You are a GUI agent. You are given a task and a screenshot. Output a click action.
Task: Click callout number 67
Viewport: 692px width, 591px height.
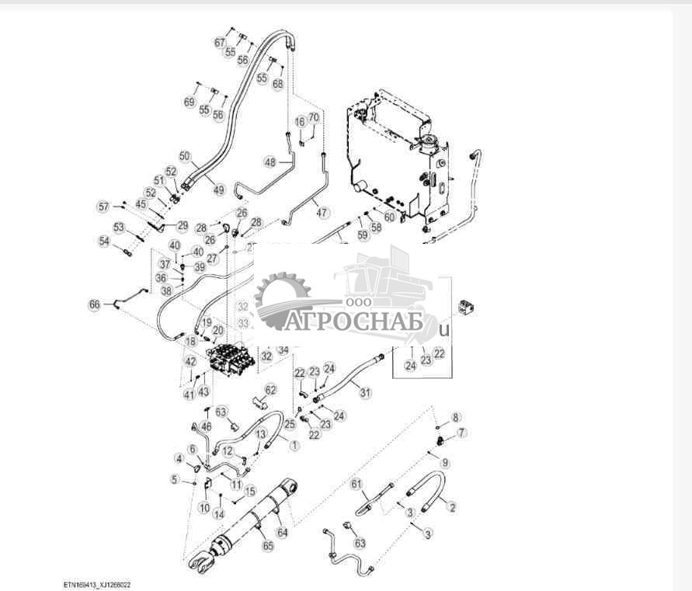[x=220, y=42]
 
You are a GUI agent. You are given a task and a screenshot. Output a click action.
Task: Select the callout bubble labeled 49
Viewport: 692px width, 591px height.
[x=219, y=189]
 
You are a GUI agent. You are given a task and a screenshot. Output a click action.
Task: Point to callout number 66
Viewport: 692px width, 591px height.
[x=95, y=304]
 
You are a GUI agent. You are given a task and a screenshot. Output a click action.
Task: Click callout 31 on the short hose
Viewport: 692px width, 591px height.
[x=366, y=393]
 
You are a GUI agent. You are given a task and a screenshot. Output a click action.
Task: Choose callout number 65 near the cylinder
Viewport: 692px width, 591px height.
[x=269, y=548]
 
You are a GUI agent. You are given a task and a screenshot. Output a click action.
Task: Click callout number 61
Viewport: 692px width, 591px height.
[x=357, y=485]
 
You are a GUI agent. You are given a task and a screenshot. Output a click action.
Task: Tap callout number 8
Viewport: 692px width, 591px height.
[x=456, y=417]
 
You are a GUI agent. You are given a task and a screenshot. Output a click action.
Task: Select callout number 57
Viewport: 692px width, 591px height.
[x=103, y=207]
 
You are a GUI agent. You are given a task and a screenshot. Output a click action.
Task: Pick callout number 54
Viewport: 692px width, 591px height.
[x=104, y=242]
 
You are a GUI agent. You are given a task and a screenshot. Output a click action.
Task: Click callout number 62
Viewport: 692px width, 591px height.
[x=270, y=389]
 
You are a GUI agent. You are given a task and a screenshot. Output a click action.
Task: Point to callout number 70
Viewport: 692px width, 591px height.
[x=314, y=117]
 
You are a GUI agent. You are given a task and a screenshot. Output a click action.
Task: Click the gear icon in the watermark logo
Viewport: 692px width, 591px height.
[x=283, y=296]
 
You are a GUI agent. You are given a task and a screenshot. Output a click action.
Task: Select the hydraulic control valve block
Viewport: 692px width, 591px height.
[x=229, y=360]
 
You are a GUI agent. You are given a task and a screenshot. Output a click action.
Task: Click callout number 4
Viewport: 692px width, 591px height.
[x=179, y=458]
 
